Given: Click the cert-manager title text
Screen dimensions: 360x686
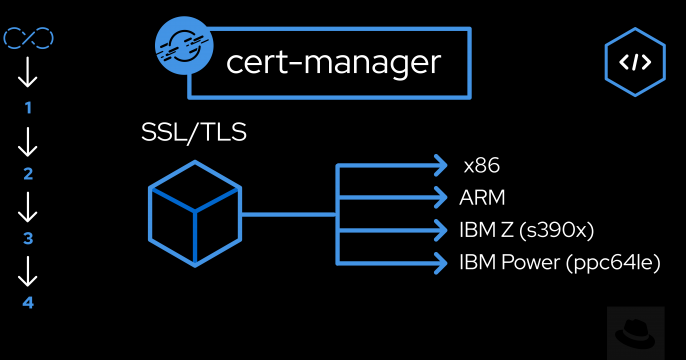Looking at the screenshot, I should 333,62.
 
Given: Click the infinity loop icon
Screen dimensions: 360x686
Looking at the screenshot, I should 28,39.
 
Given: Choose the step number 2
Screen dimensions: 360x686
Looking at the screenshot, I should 28,174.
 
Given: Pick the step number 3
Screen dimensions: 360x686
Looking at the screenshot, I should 28,238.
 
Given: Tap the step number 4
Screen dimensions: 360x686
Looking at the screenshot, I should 28,302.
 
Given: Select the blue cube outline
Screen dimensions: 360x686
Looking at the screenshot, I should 194,213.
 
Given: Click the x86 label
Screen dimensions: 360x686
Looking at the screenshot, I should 481,165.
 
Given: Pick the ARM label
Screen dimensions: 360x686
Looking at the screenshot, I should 482,197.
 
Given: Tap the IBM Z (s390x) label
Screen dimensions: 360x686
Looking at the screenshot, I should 527,230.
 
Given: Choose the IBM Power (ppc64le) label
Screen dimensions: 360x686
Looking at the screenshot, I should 560,263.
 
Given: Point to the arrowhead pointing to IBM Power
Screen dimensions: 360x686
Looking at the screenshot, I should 439,263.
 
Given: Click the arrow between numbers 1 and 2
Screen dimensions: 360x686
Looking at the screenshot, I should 28,141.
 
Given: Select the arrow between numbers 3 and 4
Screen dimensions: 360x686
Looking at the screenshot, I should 28,270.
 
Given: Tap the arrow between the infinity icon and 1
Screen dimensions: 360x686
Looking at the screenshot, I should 28,73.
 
